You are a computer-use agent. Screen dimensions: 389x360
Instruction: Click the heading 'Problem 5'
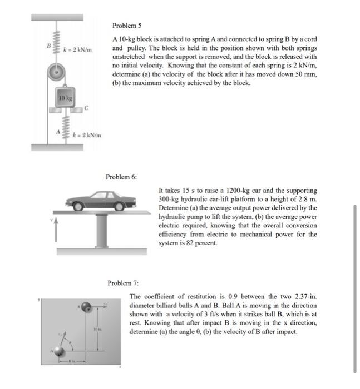pos(127,26)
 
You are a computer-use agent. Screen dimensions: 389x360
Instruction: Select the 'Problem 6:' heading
pos(121,177)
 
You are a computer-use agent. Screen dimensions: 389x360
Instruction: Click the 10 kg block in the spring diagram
pos(65,99)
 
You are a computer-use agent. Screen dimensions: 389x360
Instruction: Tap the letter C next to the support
pos(87,108)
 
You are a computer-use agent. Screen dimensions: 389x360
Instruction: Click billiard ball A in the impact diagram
pos(56,351)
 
